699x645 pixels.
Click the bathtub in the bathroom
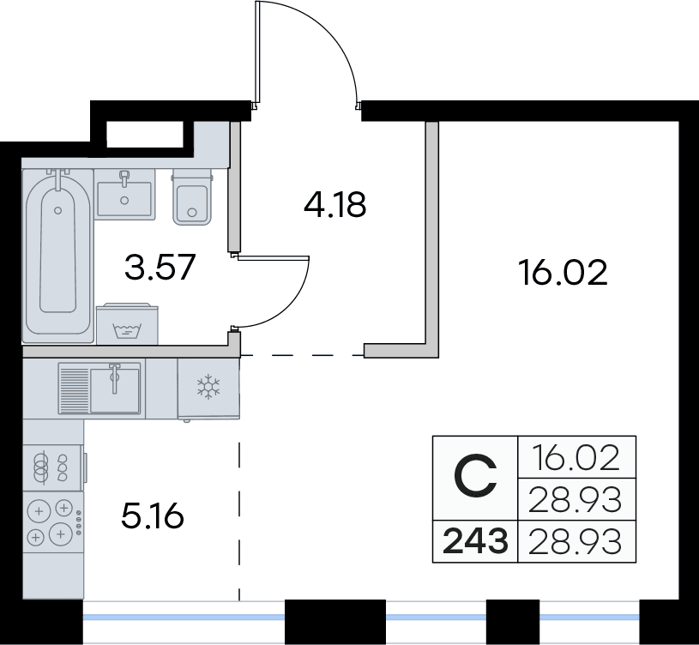58,256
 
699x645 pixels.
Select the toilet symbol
192,197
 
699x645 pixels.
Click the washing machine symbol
128,323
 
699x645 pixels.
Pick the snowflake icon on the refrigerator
208,387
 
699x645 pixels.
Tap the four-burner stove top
53,522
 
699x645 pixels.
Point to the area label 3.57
160,267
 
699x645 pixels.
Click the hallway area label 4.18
334,205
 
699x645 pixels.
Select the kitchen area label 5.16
153,516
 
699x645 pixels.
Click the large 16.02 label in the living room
563,273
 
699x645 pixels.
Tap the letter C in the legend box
475,476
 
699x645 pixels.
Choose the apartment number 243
476,540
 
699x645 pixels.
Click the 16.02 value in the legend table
576,458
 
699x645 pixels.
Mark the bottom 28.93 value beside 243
575,541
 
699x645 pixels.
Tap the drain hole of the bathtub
58,210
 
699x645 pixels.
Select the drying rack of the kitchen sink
74,389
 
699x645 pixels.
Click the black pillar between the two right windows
513,622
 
